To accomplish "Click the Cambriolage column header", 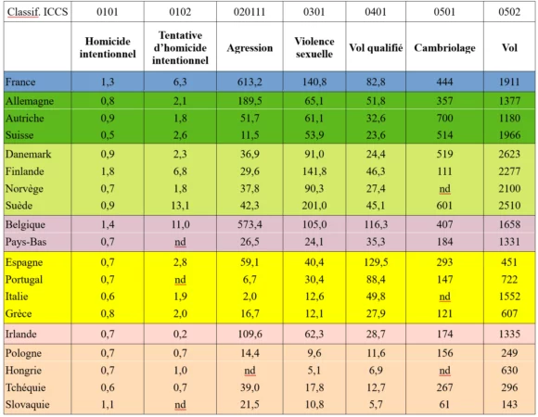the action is [444, 47].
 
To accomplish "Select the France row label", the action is [20, 82].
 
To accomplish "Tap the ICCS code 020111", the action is [250, 12].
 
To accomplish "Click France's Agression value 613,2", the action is [250, 82].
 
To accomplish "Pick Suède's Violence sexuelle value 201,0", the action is [314, 206].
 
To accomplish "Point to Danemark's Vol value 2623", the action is [509, 154].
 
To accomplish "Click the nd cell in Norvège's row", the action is [444, 189].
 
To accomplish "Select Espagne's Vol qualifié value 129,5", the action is [376, 262].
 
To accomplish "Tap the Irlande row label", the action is [21, 335].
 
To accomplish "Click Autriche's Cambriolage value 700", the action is [444, 119].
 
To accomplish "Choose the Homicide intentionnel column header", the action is [108, 47].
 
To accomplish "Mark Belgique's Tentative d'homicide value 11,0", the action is [180, 225].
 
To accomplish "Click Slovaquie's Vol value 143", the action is [509, 405].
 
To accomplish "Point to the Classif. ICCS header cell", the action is [37, 12].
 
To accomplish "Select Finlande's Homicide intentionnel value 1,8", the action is [108, 171].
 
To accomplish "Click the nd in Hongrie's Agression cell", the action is [250, 371].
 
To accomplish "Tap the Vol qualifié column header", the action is [376, 47].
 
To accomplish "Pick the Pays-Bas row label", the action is [26, 242].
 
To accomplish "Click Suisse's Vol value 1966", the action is [509, 135].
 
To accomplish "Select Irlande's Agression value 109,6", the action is [250, 335].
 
